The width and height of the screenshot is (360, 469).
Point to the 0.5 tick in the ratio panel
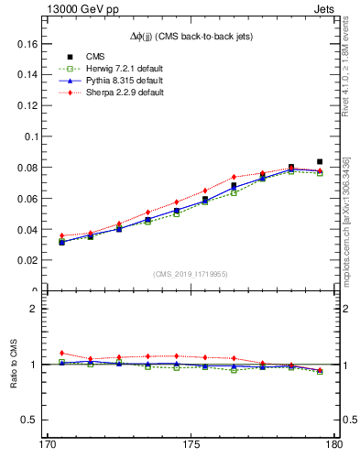[x=29, y=420]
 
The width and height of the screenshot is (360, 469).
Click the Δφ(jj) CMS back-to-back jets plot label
[x=191, y=36]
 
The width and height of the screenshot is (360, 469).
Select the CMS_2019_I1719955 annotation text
[x=191, y=273]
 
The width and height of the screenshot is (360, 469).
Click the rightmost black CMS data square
[x=320, y=161]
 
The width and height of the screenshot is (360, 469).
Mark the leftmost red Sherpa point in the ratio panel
[x=61, y=353]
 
